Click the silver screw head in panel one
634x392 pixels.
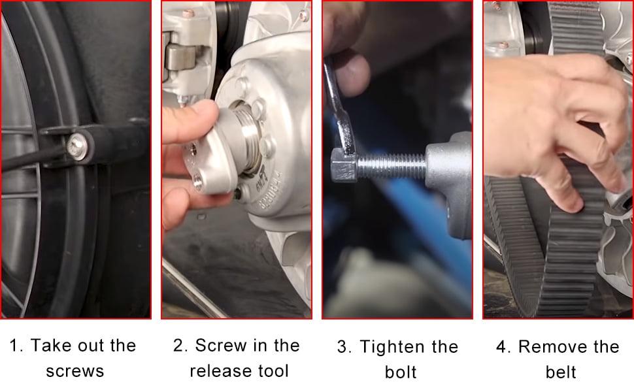pos(77,146)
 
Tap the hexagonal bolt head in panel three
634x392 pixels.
pos(344,165)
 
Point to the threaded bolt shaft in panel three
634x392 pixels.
pos(392,167)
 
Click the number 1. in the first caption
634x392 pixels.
pos(16,346)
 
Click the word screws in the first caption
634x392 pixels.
pos(75,371)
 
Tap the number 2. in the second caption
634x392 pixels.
pos(180,346)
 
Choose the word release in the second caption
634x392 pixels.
pos(219,371)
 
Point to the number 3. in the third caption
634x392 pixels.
pos(344,347)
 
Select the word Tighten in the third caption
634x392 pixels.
pos(392,347)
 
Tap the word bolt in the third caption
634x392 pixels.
pos(400,372)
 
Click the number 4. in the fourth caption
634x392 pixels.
pos(503,347)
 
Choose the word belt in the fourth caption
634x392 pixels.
pos(561,372)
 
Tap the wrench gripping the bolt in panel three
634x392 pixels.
pos(341,112)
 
